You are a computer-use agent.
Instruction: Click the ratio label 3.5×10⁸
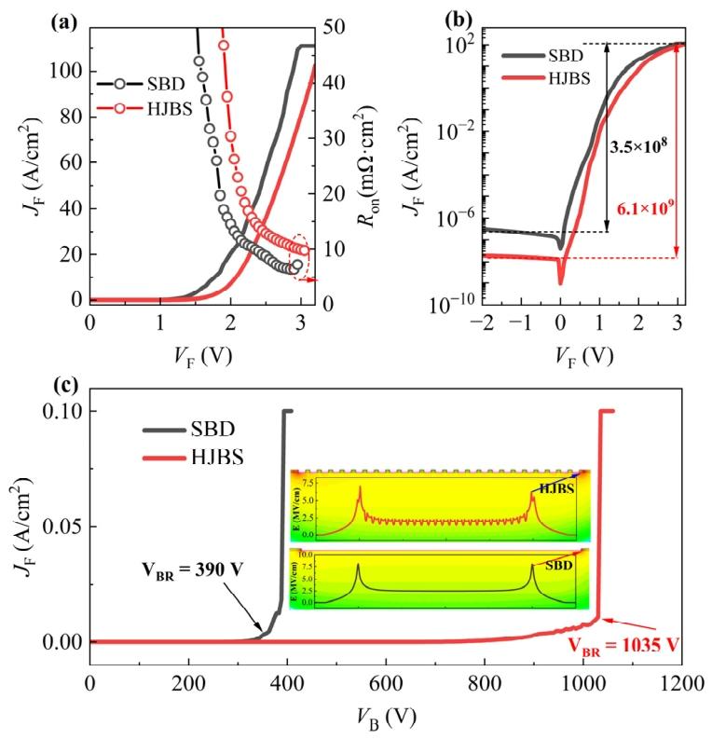639,145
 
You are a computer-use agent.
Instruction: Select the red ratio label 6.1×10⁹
639,214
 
